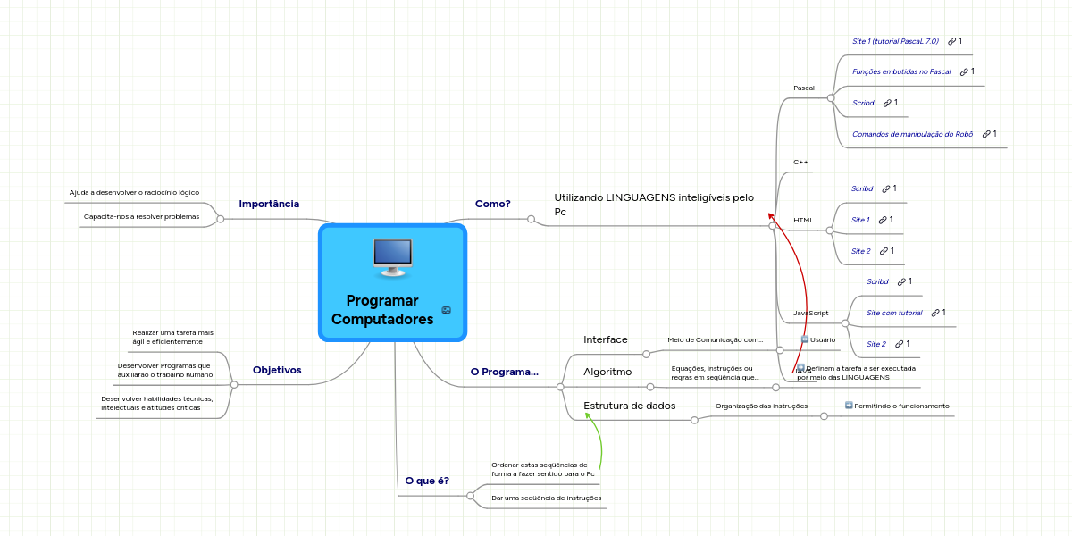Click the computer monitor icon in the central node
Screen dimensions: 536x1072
point(392,256)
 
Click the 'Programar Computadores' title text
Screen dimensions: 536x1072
point(382,310)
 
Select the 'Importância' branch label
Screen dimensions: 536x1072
point(269,204)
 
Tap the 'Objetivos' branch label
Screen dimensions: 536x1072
point(277,370)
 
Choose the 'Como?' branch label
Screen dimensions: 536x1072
point(492,204)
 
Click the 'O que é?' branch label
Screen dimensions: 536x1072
point(427,481)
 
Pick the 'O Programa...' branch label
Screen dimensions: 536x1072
point(504,372)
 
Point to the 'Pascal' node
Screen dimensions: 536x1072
point(804,88)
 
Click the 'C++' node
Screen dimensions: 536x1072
point(800,162)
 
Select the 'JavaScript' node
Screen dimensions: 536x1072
point(811,313)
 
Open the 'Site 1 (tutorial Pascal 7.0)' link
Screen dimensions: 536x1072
point(895,41)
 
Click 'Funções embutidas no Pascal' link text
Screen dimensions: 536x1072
point(901,71)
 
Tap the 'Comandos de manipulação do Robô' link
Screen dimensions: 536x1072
point(912,134)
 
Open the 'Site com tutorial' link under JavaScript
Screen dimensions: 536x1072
point(894,313)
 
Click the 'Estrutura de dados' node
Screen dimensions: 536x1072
point(629,406)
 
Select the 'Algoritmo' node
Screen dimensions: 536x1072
point(607,372)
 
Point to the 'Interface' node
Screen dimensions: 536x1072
point(606,339)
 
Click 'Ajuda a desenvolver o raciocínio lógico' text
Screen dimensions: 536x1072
point(134,192)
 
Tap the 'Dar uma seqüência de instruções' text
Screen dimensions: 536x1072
point(546,498)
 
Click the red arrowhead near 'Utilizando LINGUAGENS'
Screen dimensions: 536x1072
point(770,215)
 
